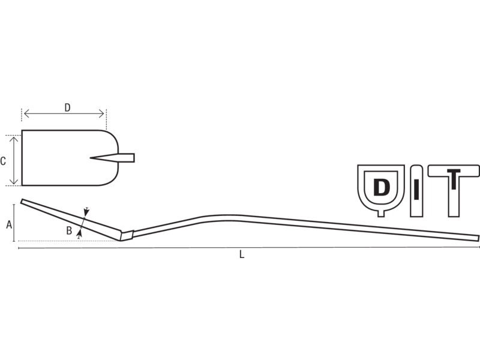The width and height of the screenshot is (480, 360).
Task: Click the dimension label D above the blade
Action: [67, 108]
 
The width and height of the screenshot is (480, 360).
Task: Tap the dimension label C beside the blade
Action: [3, 161]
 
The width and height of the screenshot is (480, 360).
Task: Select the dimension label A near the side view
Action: [9, 224]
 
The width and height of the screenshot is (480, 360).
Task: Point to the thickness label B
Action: [69, 230]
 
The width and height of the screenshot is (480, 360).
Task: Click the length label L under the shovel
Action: [242, 254]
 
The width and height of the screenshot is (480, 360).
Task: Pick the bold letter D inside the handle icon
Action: [382, 187]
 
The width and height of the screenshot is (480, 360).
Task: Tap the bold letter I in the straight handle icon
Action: [416, 191]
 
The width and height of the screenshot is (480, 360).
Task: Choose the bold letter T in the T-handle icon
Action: [454, 179]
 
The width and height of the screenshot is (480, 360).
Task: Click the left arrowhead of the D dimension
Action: [26, 114]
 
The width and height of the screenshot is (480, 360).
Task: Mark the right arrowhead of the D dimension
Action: [101, 114]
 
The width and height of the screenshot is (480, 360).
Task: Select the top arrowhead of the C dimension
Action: [14, 139]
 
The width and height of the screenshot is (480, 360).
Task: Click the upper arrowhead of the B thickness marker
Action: [86, 212]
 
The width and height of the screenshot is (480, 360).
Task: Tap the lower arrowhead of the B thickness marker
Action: [80, 234]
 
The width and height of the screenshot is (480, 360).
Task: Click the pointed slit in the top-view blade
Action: [104, 158]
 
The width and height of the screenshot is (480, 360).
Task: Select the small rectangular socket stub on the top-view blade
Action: [127, 158]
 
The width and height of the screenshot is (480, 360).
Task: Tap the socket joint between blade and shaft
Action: [127, 235]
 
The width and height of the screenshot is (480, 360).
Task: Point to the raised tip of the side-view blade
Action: [22, 201]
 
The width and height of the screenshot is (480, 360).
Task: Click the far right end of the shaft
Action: [478, 238]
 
